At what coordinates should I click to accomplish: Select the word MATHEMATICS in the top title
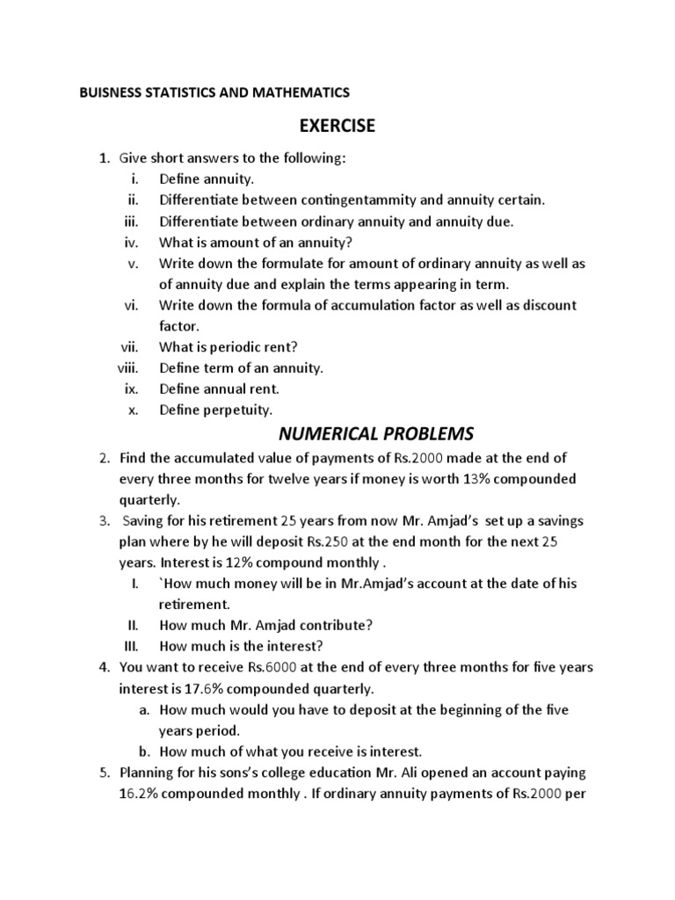tap(301, 92)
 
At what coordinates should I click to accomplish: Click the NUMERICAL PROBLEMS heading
tap(375, 433)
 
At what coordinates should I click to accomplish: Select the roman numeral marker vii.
tap(130, 347)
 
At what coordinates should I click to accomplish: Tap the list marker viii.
tap(128, 368)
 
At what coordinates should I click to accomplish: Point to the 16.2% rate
tap(140, 794)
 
